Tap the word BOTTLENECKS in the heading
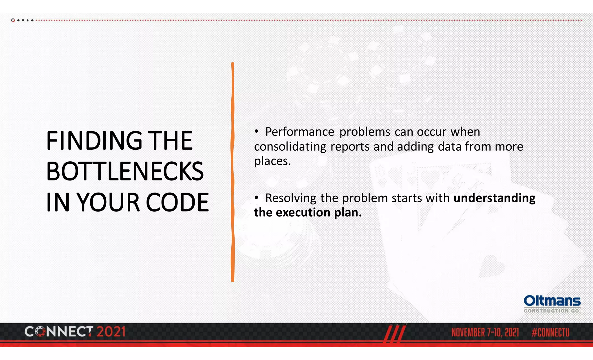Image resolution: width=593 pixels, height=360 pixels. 125,171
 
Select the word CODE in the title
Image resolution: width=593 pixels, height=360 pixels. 177,202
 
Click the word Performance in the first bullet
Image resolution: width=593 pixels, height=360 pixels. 299,132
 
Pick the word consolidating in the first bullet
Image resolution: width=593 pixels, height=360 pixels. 290,147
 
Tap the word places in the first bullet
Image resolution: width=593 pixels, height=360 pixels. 272,161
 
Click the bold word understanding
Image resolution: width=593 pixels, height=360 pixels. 494,198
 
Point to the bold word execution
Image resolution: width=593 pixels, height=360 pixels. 303,213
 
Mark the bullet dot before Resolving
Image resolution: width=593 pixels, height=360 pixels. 256,198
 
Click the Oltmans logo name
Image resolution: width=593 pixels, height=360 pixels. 552,301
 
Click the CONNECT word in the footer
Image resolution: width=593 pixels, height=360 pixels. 59,332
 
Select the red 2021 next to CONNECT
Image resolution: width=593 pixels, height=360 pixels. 111,332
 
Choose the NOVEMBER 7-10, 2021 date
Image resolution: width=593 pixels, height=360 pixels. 485,332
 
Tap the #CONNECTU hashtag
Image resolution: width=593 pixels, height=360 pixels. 550,332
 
